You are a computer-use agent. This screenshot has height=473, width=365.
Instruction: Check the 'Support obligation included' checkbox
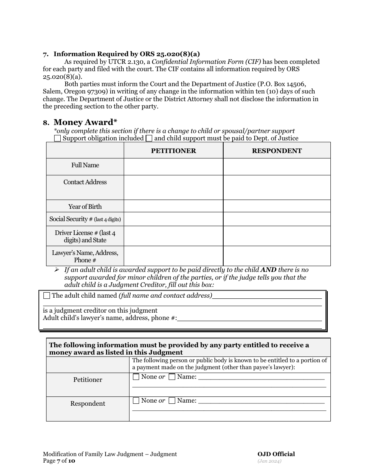click(57, 138)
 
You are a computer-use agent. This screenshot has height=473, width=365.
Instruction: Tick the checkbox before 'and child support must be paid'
click(149, 138)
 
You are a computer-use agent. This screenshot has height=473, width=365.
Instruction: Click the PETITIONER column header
click(173, 151)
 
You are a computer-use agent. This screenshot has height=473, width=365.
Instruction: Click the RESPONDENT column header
click(277, 151)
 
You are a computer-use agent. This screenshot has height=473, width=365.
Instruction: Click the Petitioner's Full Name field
click(173, 167)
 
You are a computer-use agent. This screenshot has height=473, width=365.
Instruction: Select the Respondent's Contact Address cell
click(277, 187)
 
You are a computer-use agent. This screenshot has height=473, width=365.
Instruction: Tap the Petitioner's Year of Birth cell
click(173, 206)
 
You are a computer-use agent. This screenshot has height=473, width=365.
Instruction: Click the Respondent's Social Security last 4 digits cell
click(277, 219)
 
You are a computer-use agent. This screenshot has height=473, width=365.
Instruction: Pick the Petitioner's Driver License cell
click(173, 236)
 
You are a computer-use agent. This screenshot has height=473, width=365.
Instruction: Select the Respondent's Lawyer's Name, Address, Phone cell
click(277, 256)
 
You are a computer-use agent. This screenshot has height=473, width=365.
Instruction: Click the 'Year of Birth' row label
click(85, 207)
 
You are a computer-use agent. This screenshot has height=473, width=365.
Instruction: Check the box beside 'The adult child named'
click(46, 296)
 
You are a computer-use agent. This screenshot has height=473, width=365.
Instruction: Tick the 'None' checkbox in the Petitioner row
click(136, 377)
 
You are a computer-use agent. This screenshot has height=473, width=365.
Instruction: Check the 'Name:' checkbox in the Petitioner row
click(172, 377)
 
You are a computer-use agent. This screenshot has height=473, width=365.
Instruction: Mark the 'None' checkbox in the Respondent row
click(136, 401)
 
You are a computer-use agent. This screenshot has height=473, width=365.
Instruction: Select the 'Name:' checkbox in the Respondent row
click(172, 401)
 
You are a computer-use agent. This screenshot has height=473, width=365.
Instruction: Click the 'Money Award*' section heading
click(85, 122)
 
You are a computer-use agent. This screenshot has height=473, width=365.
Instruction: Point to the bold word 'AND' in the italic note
click(269, 270)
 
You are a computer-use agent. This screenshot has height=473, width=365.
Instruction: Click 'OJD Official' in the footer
click(276, 454)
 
